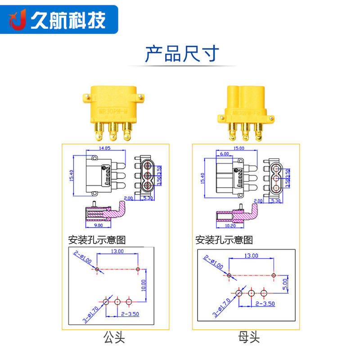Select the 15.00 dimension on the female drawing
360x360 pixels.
[x=238, y=148]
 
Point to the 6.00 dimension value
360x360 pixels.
[x=224, y=154]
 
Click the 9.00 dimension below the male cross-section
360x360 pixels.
[x=99, y=225]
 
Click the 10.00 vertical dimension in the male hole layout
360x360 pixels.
[x=144, y=285]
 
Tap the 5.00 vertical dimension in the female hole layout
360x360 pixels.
[x=285, y=284]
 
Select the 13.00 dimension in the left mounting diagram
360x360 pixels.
[x=118, y=251]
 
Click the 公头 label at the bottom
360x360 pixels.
[x=114, y=337]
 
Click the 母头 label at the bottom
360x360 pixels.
[x=249, y=337]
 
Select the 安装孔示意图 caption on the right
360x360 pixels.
[x=224, y=239]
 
